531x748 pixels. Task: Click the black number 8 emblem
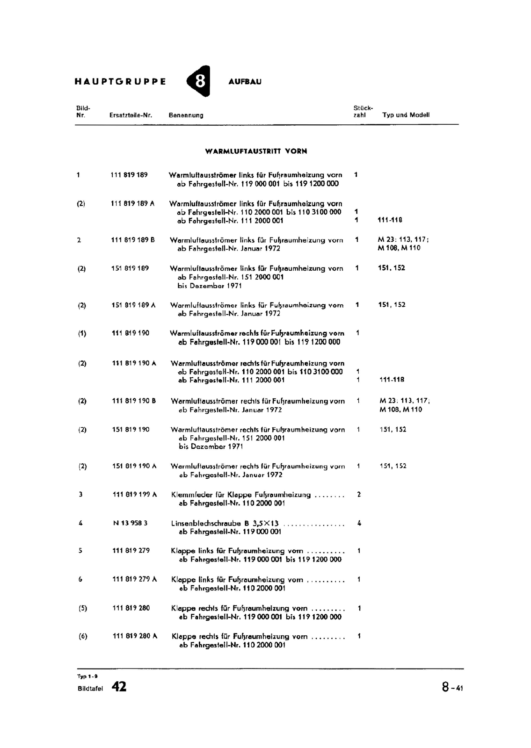(x=199, y=81)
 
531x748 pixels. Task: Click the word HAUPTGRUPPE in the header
(x=120, y=81)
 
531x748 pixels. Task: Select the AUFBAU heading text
(x=245, y=82)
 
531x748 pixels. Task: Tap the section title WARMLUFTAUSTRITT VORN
(x=256, y=151)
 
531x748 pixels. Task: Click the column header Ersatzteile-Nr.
(x=131, y=115)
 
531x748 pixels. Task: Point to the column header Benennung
(x=186, y=115)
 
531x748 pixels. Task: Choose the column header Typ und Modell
(x=406, y=115)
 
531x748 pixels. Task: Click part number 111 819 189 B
(x=133, y=240)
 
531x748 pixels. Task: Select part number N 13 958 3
(x=130, y=523)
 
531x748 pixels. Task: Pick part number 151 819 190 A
(x=134, y=466)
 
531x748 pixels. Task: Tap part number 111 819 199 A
(x=135, y=495)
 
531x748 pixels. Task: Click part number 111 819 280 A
(x=135, y=636)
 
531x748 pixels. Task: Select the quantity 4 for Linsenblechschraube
(x=359, y=524)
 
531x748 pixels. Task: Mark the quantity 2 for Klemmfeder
(x=359, y=495)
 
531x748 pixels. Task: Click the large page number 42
(x=119, y=687)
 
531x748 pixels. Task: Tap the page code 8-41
(x=452, y=687)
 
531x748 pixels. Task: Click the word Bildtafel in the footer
(x=90, y=688)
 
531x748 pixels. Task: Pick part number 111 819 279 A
(x=135, y=579)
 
